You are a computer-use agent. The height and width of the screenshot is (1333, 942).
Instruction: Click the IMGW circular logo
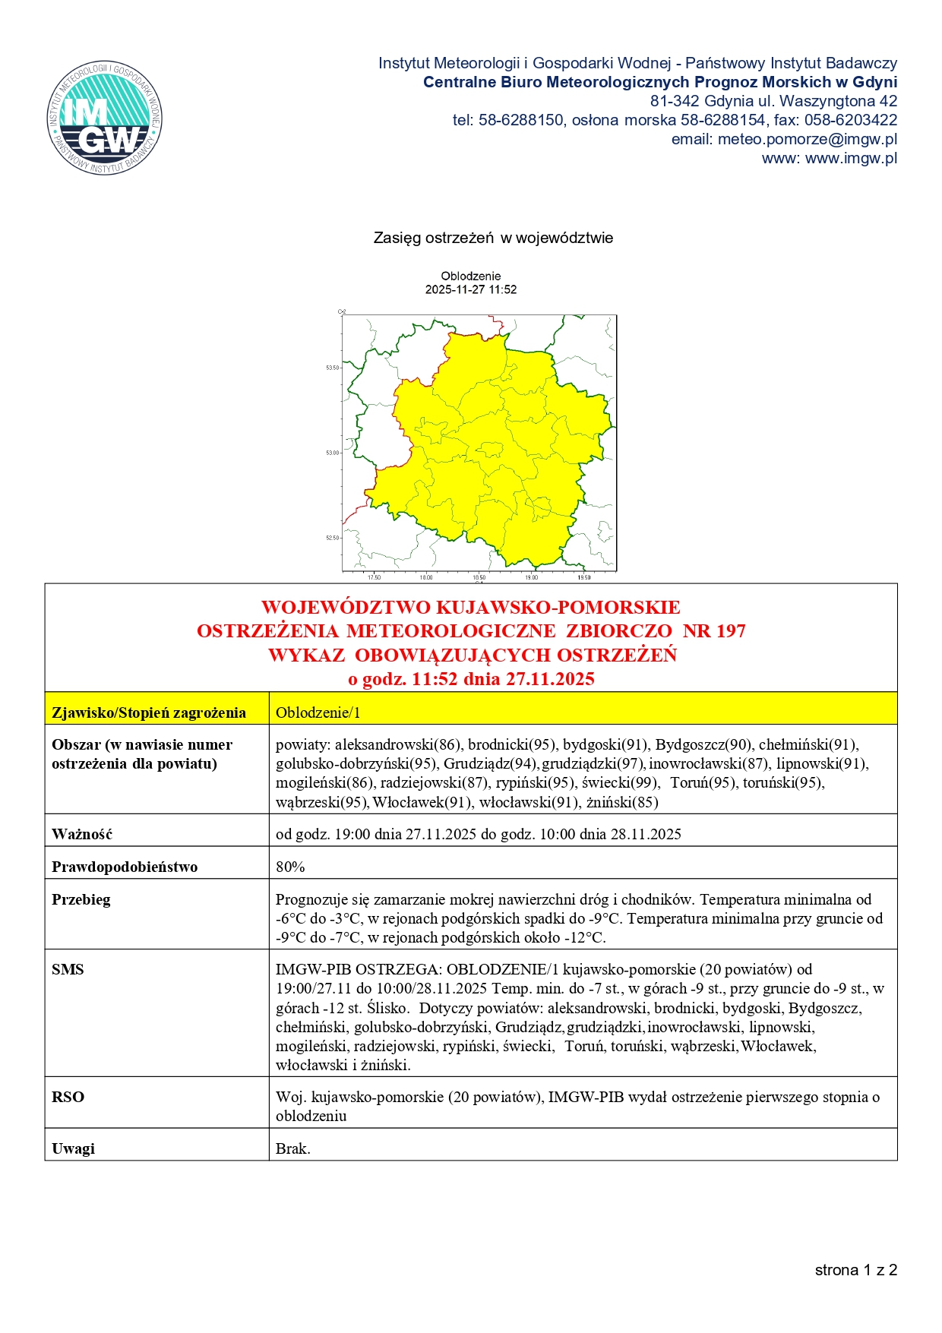click(104, 118)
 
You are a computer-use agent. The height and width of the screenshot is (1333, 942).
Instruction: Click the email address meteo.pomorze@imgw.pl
click(807, 139)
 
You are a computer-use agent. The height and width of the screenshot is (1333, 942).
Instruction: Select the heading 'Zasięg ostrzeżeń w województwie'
click(493, 238)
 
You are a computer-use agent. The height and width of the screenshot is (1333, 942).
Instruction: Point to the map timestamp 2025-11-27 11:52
click(471, 289)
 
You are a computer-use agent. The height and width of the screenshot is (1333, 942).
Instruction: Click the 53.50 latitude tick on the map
click(333, 368)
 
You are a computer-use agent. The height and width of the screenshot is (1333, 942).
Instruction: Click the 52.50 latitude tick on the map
click(333, 538)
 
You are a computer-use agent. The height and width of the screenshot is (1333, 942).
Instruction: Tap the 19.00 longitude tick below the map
click(531, 577)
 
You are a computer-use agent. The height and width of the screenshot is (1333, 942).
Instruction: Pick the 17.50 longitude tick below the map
click(374, 577)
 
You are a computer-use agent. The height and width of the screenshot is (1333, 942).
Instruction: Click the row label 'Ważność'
click(82, 834)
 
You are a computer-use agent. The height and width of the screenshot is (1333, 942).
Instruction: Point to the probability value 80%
click(290, 867)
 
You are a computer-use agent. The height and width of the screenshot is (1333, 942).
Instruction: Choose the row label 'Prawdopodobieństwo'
click(125, 867)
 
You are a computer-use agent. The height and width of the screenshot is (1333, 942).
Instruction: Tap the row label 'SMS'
click(68, 969)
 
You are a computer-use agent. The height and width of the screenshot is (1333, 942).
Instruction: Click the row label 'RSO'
click(68, 1097)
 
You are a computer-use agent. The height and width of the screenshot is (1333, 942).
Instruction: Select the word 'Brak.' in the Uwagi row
click(293, 1148)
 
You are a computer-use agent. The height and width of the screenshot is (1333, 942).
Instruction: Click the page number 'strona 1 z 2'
click(855, 1270)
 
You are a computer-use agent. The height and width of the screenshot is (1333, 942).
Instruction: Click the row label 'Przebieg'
click(81, 899)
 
